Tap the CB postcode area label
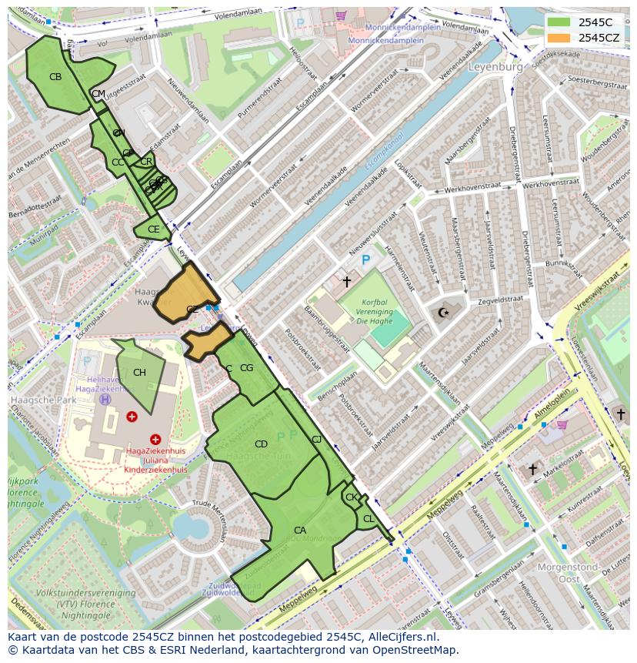click(55, 77)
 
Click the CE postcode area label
click(154, 229)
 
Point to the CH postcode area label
click(139, 373)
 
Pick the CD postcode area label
click(261, 444)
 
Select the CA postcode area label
click(300, 531)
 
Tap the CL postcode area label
click(369, 519)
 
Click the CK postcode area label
click(351, 497)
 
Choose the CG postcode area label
click(246, 368)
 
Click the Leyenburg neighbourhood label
click(495, 67)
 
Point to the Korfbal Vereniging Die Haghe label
click(369, 313)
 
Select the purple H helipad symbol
click(105, 400)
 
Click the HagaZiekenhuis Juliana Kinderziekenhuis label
click(157, 460)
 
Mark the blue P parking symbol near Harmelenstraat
click(366, 261)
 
